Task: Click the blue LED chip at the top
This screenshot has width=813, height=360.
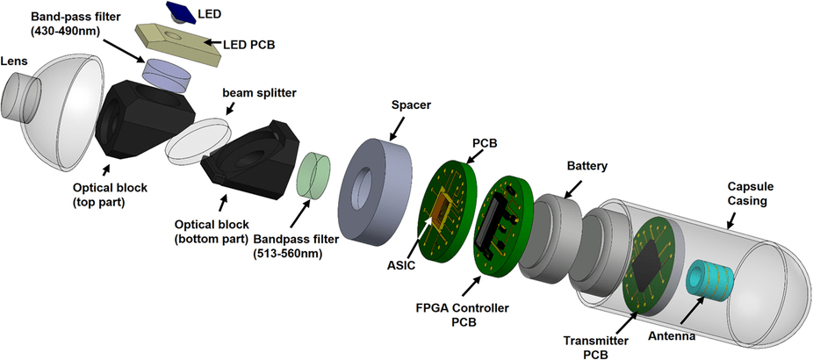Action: (x=181, y=11)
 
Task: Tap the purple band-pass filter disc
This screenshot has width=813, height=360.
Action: (x=169, y=75)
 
